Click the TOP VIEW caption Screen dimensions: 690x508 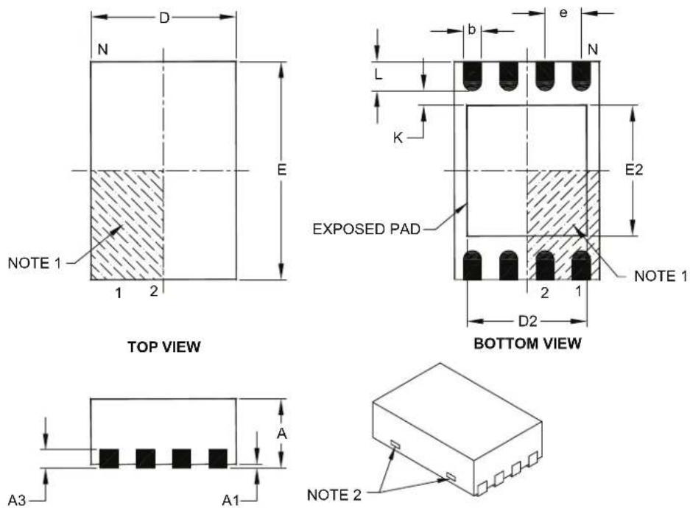point(164,347)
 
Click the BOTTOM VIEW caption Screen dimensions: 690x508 point(527,343)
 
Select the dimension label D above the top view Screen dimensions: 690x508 point(164,18)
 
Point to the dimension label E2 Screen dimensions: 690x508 point(634,170)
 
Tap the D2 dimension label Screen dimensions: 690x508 point(527,322)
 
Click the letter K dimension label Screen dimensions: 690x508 point(398,138)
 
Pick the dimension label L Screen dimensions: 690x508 point(379,75)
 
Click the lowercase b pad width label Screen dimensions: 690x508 point(472,30)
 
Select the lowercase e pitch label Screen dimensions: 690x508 point(563,13)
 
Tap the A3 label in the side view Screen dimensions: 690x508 point(17,500)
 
